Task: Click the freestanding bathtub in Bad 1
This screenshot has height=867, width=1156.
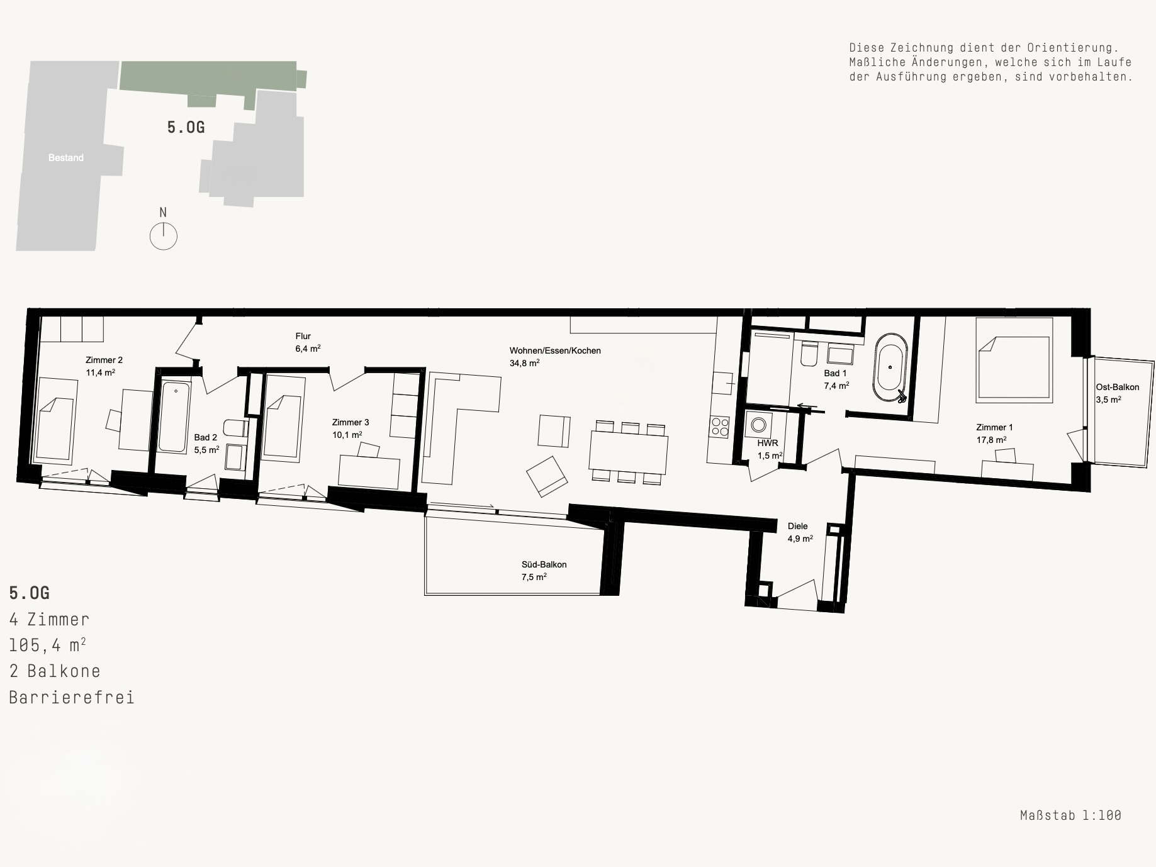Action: click(x=890, y=367)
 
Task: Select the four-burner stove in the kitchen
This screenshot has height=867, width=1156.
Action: click(x=720, y=428)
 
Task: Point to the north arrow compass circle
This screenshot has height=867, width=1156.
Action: click(x=164, y=237)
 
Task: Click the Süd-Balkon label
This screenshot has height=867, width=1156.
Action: click(x=544, y=564)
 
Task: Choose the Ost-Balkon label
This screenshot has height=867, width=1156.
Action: click(x=1118, y=387)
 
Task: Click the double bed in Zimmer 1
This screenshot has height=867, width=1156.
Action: click(x=1014, y=359)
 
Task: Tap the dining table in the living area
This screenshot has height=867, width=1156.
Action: click(x=629, y=451)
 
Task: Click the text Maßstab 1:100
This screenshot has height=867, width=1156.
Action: click(x=1070, y=815)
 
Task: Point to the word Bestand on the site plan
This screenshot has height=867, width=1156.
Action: click(x=66, y=158)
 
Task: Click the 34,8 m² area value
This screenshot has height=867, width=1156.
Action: click(x=525, y=363)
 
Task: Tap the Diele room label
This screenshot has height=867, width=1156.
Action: click(x=797, y=526)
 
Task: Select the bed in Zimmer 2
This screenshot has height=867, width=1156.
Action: click(x=55, y=419)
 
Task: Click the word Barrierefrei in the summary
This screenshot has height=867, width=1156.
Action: click(x=72, y=698)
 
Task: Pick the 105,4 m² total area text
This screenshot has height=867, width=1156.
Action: click(x=48, y=646)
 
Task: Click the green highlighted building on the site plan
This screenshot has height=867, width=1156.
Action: click(x=208, y=78)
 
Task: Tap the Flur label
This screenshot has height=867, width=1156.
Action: click(x=303, y=336)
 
